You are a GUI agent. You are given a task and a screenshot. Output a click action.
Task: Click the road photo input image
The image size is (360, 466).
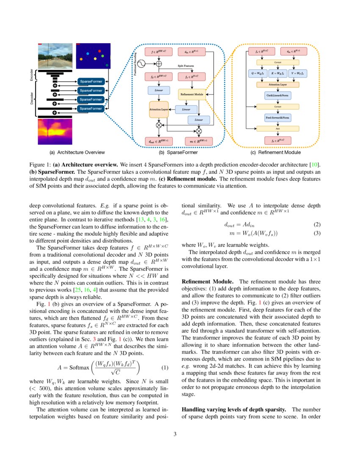click(x=55, y=57)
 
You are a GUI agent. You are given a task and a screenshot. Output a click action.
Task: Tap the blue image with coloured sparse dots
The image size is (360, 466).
click(x=92, y=57)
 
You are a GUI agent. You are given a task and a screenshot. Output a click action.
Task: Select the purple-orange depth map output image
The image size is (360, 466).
click(x=55, y=131)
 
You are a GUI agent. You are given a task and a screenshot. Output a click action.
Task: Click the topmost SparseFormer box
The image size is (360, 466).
click(x=91, y=81)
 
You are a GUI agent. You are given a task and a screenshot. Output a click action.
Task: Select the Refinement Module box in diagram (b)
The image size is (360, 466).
click(x=193, y=94)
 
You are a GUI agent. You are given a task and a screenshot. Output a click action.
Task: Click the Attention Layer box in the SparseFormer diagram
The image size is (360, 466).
click(x=159, y=109)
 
